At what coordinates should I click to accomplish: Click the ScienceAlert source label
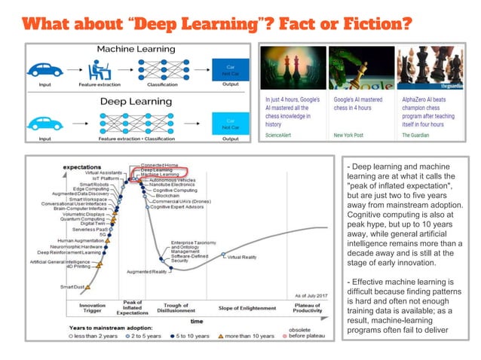pos(279,135)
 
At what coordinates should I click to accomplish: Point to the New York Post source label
pos(328,135)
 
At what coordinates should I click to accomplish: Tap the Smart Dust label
pos(73,287)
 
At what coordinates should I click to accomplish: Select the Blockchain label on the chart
pos(168,195)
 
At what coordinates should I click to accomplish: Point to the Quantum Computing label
pos(84,218)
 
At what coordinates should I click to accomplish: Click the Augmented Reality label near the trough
pos(148,271)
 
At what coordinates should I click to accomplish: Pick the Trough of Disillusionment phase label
pos(175,309)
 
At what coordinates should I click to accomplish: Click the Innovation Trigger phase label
pos(92,309)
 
